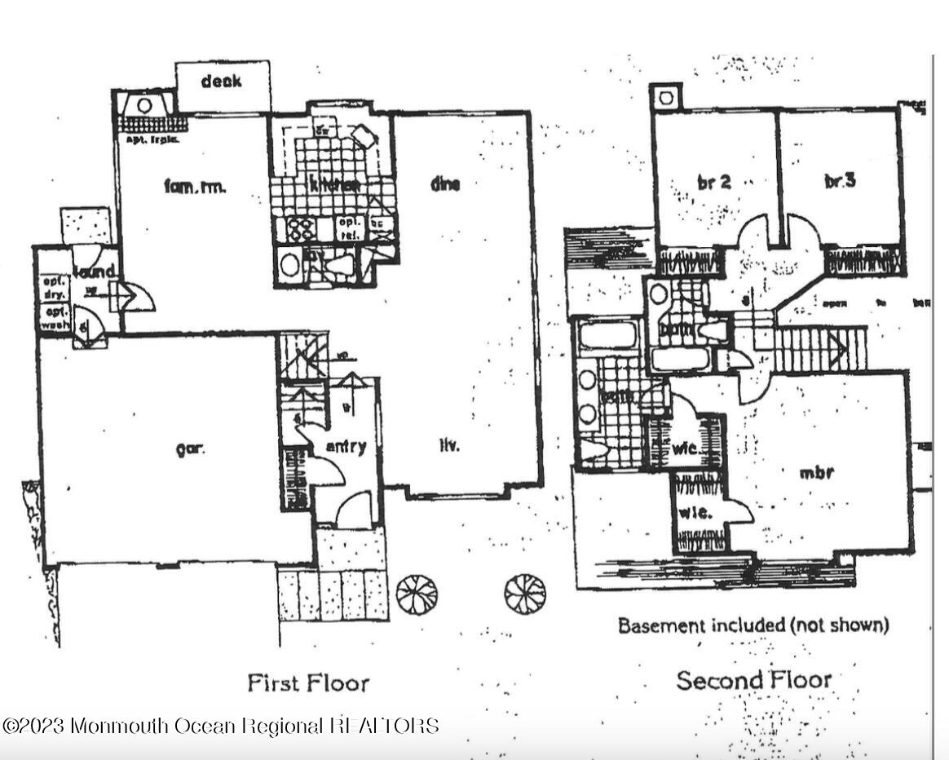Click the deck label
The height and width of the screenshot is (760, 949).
(221, 81)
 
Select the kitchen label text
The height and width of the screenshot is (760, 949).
(334, 185)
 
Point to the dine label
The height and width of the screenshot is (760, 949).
(445, 183)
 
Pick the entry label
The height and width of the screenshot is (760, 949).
(346, 447)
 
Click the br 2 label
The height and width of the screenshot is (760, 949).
(714, 182)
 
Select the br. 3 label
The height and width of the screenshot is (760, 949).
(839, 181)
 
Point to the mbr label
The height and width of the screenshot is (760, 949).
(815, 471)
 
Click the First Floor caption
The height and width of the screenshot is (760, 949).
(308, 683)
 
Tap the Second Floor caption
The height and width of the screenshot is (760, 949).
(754, 680)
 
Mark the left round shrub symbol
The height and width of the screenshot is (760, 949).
(417, 594)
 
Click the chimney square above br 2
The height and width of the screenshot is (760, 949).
(666, 97)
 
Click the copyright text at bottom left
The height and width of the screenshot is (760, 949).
(220, 725)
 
